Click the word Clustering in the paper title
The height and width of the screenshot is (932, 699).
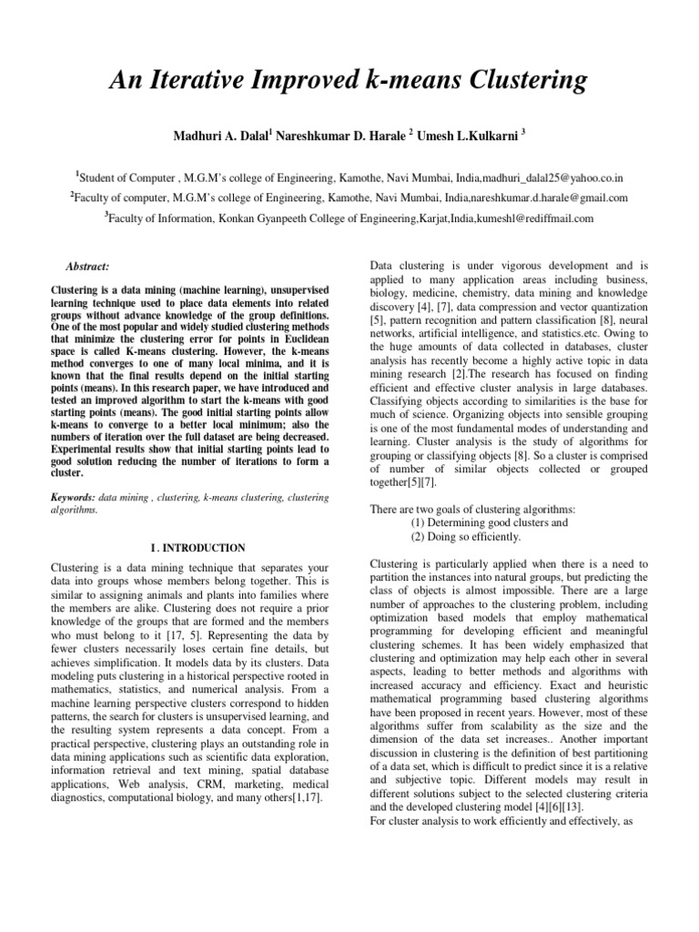pyautogui.click(x=517, y=82)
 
